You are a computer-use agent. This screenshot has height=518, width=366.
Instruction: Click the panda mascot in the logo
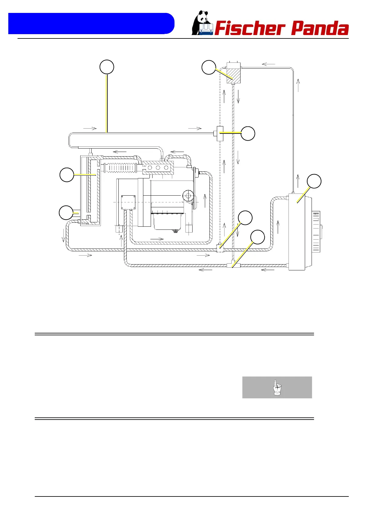201,23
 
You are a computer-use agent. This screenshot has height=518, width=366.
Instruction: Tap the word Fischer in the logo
249,29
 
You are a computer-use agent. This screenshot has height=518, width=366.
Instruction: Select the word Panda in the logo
320,29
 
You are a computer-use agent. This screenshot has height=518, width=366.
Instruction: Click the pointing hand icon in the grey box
277,387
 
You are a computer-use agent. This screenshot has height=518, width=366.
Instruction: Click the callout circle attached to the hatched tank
209,67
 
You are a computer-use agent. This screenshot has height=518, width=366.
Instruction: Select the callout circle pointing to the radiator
314,181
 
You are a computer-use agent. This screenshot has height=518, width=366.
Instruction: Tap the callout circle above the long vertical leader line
107,67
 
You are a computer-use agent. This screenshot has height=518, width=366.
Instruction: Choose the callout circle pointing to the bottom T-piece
257,237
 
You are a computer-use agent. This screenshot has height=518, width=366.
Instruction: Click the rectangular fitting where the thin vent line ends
220,133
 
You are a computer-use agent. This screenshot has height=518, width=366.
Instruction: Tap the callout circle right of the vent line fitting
248,133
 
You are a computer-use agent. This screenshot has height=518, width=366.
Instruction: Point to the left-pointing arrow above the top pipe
269,64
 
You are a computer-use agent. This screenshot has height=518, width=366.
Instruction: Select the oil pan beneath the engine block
168,221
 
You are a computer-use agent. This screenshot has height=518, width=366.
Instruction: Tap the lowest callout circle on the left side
66,213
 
